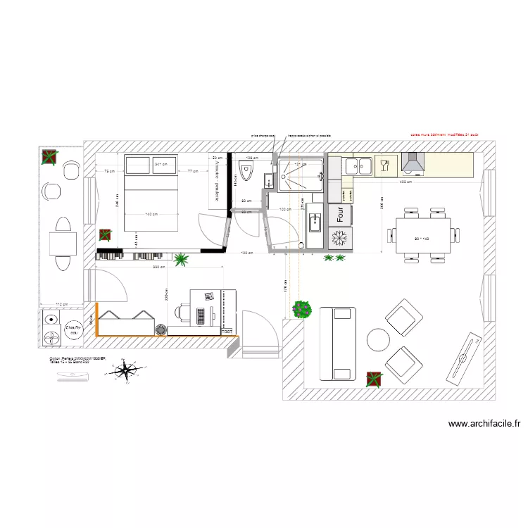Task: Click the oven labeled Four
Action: click(340, 212)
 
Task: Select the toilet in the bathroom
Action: click(246, 171)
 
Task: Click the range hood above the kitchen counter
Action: click(412, 165)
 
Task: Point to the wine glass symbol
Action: click(384, 165)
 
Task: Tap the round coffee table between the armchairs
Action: click(378, 340)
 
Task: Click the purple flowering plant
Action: click(303, 308)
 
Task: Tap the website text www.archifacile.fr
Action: click(484, 424)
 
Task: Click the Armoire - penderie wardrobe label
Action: click(216, 184)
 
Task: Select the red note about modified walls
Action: click(444, 134)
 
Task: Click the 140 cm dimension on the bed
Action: click(151, 213)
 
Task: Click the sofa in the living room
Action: click(337, 344)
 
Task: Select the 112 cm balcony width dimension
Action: click(61, 305)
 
